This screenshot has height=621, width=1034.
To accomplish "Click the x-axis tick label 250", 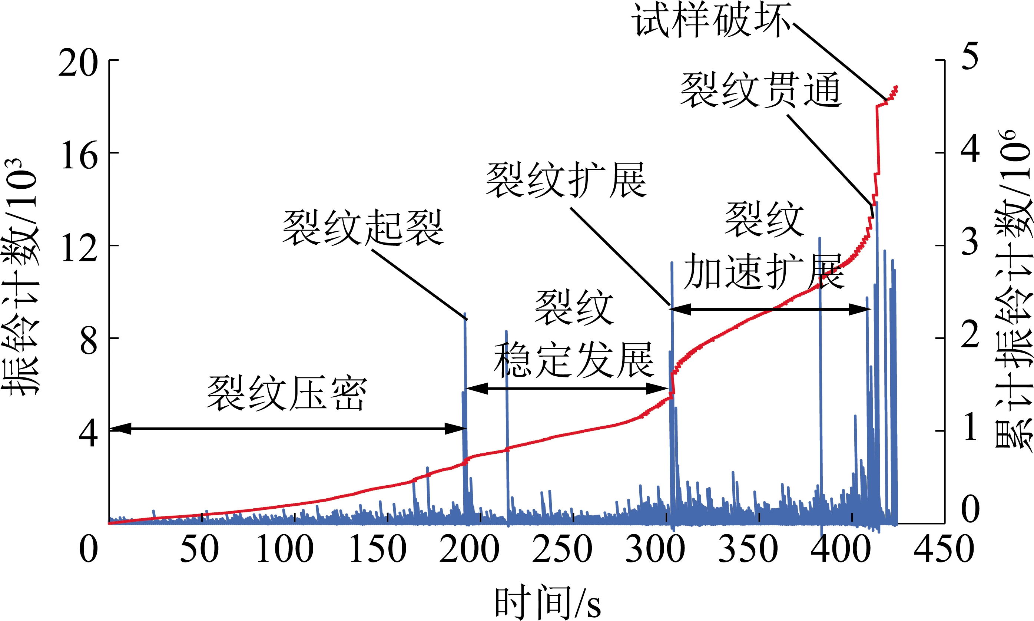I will point(562,549).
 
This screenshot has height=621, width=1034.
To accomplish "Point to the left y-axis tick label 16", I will point(79,155).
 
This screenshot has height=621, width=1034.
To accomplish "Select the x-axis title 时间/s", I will point(548,603).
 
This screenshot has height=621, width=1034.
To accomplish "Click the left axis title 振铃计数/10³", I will point(20,277).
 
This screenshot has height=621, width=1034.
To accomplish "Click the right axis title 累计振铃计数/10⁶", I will point(1013,289).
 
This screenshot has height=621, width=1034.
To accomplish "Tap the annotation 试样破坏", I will point(711,20).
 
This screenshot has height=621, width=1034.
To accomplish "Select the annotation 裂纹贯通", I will point(760,90).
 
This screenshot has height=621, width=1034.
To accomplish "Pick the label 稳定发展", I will point(573,360).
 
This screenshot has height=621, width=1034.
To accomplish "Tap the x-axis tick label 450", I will point(944,549).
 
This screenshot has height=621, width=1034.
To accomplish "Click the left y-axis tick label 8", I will point(88,341).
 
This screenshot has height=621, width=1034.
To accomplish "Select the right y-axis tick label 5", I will point(970,56).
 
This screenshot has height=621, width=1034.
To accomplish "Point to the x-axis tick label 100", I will point(284,549).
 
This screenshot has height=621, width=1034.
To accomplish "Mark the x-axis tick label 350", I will point(748,549).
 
